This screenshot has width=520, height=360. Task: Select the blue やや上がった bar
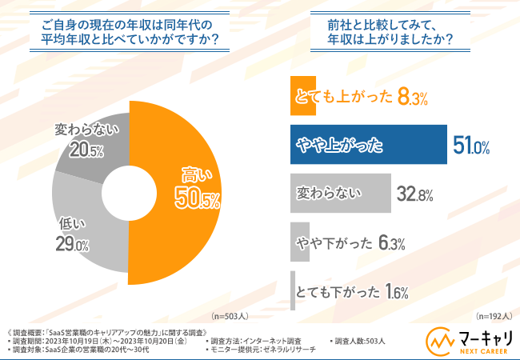tap(368, 145)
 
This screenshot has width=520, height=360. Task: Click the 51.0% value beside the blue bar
tap(471, 146)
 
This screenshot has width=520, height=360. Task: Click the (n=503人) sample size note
tap(230, 314)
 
